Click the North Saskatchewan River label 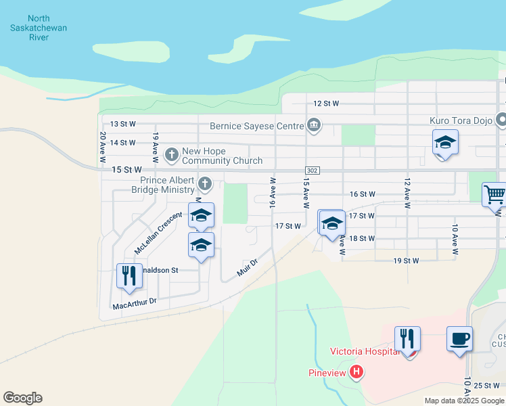coord(39,28)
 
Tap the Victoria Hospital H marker coord(356,372)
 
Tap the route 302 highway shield coord(312,171)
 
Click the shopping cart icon coord(495,195)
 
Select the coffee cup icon coord(459,338)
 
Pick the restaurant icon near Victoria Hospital coord(407,338)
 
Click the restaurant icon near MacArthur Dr coord(127,275)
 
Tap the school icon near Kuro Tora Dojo coord(445,143)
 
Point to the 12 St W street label coord(325,104)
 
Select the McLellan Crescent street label coord(158,233)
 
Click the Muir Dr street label coord(248,267)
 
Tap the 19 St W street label coord(407,261)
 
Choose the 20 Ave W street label coord(103,145)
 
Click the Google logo coord(22,398)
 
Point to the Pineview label coord(327,372)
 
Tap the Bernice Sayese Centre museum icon coord(313,125)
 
